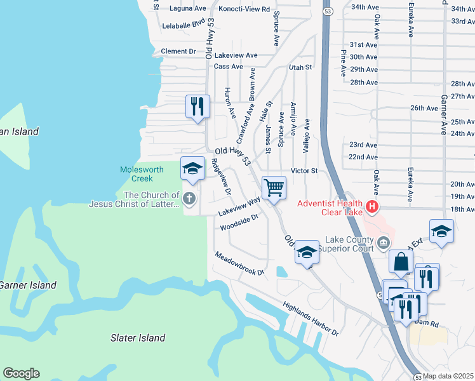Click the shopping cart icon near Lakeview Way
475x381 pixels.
pos(274,188)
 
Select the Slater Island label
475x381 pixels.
pos(138,338)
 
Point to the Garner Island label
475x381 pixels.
pos(27,285)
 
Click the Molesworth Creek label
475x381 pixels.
pos(142,175)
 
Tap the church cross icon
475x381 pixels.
pos(188,199)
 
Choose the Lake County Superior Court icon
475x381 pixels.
pos(384,242)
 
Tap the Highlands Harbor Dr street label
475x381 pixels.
pos(311,318)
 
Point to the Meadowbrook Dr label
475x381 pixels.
pos(239,263)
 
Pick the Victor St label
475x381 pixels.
pos(304,171)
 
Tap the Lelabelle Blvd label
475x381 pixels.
pos(184,23)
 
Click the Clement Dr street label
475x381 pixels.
pos(178,51)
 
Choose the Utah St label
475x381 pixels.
pos(301,67)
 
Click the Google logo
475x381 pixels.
pos(21,373)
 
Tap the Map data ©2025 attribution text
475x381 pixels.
pos(448,376)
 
